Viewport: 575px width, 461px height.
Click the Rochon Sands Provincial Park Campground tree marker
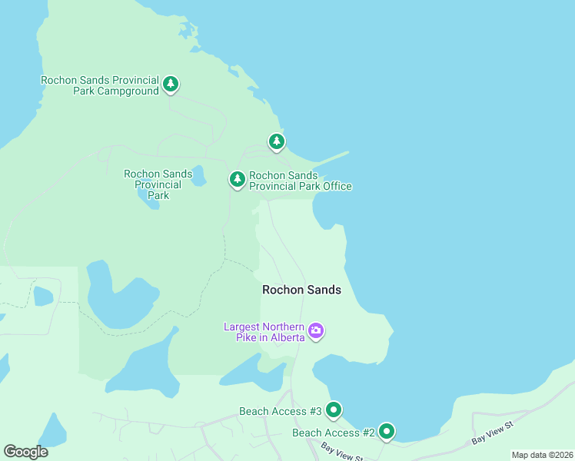coord(171,84)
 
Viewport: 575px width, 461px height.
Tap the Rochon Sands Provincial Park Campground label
coord(99,85)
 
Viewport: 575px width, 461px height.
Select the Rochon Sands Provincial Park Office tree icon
coord(238,179)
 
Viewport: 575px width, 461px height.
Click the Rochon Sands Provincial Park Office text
coord(300,181)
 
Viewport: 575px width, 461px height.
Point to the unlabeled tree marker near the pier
coord(277,141)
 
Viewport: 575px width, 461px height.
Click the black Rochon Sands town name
coord(301,290)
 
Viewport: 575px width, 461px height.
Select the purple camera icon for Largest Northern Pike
coord(316,331)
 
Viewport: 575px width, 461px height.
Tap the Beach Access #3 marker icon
coord(334,410)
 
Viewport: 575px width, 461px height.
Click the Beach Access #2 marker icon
coord(386,432)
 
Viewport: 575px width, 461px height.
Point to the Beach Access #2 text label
coord(333,433)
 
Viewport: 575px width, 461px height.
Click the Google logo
coord(25,452)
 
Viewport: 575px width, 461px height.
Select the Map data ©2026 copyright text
coord(541,455)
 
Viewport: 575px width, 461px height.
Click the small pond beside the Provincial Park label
coord(199,177)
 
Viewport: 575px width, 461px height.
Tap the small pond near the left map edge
coord(43,296)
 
